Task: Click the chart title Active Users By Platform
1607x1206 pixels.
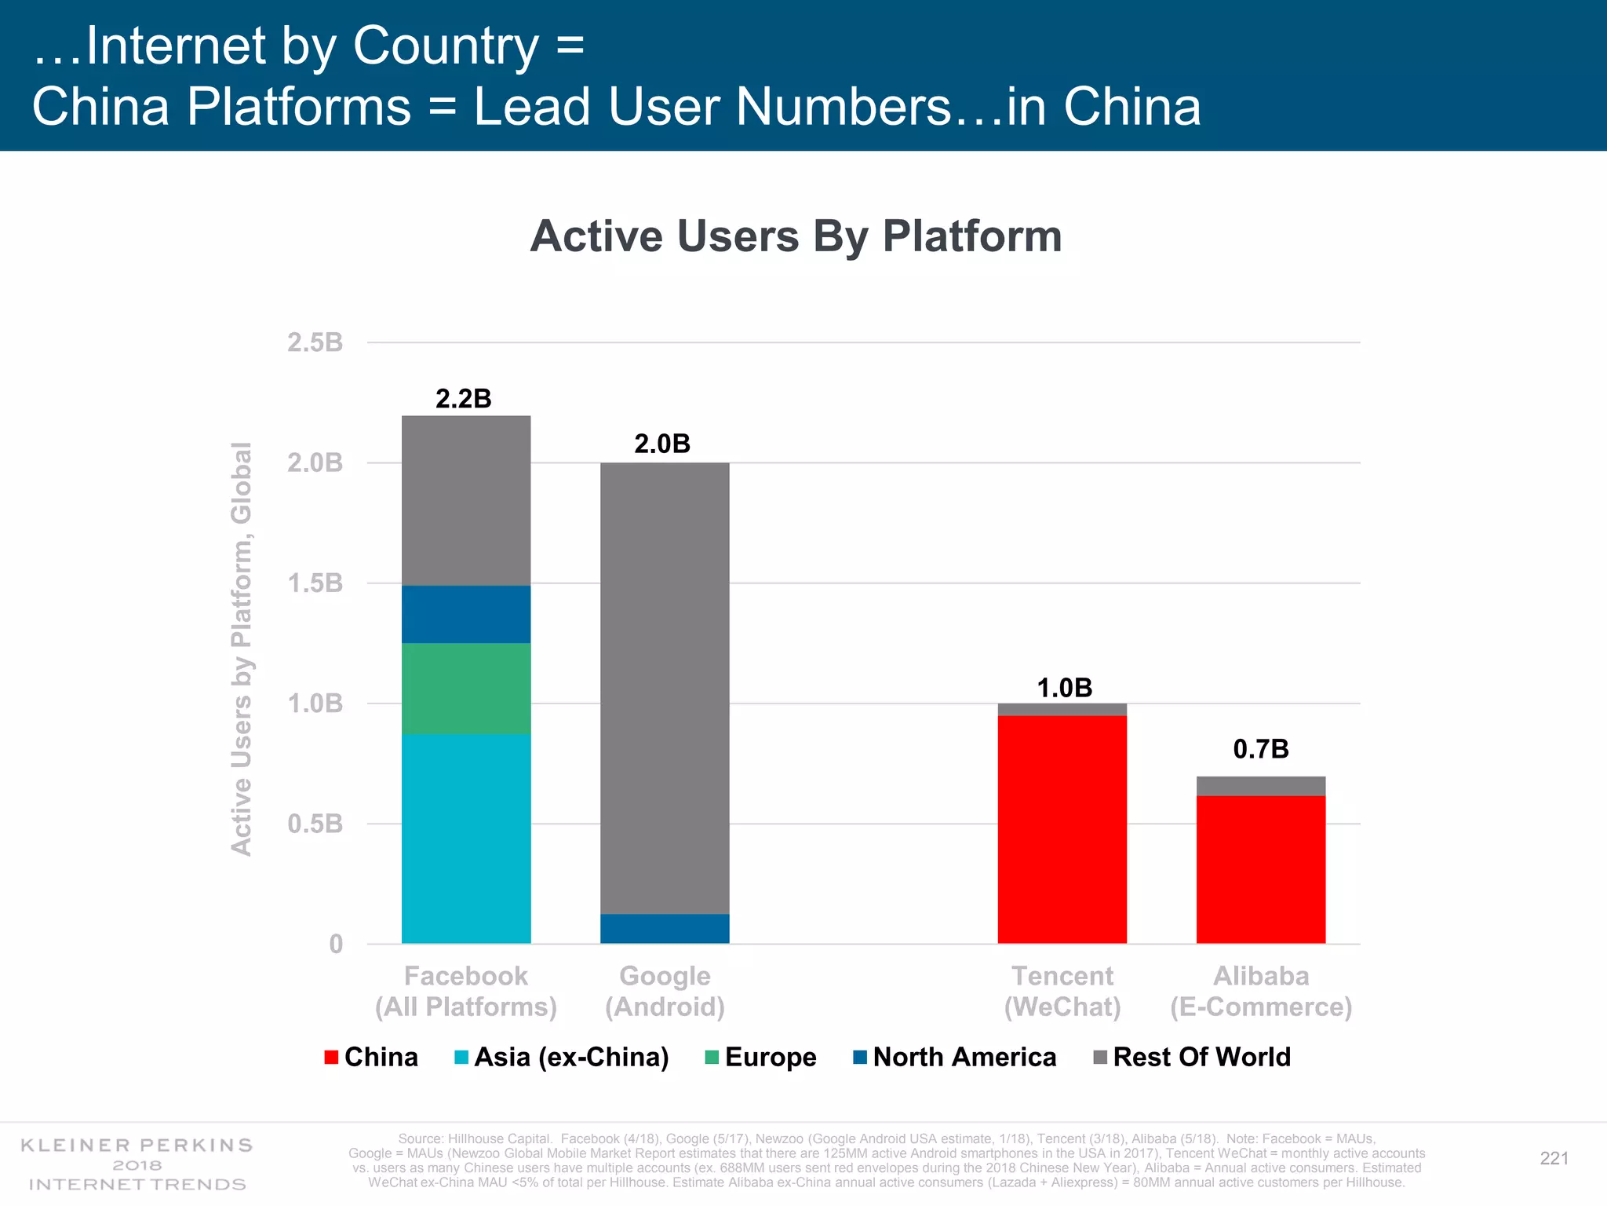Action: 796,236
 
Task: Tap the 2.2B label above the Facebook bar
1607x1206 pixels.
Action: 463,399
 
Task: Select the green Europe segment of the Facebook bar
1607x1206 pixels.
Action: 466,689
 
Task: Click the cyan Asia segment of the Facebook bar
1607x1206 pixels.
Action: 466,839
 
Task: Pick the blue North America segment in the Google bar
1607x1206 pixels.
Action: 665,929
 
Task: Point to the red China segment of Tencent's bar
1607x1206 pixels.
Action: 1062,829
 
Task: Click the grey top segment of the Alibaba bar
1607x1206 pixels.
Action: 1260,786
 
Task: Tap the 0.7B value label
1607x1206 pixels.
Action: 1260,749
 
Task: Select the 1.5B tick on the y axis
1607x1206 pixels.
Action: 315,583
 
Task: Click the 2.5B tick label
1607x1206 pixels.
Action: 315,342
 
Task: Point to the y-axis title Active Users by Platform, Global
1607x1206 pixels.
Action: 242,649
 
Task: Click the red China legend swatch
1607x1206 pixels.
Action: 331,1058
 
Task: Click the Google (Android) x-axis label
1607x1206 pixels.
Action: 665,991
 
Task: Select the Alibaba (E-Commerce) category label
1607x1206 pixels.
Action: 1260,991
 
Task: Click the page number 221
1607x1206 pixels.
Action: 1554,1158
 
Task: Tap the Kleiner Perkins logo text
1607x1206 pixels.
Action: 137,1164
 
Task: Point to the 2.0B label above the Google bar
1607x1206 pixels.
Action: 662,444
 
